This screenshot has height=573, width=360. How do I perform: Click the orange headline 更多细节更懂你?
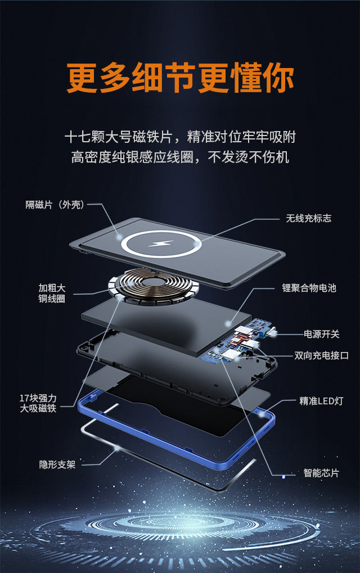(x=180, y=79)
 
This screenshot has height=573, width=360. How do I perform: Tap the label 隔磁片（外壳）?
(x=55, y=205)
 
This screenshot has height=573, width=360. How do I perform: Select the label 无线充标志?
(x=308, y=218)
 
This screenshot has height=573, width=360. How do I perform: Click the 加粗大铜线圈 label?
(x=51, y=294)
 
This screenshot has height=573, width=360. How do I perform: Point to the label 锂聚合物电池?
(x=309, y=288)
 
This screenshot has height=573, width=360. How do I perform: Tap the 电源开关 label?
(x=322, y=334)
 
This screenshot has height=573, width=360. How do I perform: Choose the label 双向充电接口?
(x=322, y=355)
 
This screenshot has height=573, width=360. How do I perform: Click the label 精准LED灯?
(x=321, y=401)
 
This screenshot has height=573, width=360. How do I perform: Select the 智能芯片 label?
(x=321, y=473)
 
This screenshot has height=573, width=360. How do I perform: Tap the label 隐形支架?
(x=57, y=464)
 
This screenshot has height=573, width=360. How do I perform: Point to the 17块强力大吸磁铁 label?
(x=38, y=403)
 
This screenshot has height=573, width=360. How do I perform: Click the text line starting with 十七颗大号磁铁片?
(x=180, y=137)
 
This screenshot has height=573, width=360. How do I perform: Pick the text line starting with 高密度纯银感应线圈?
(x=180, y=157)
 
